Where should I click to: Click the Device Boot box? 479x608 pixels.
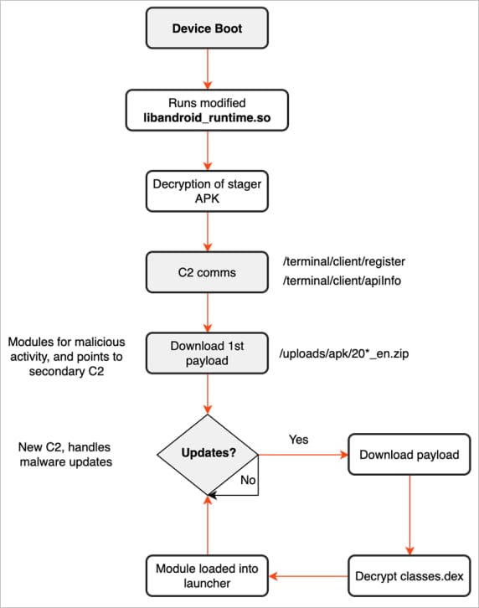207,29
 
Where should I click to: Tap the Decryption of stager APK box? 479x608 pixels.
207,192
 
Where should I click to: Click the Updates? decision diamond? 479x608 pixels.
207,456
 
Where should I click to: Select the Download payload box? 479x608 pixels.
409,456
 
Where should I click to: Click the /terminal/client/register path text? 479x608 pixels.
345,261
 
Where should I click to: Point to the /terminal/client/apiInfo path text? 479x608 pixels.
343,281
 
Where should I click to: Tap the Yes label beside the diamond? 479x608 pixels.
299,438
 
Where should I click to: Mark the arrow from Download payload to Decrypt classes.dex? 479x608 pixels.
409,515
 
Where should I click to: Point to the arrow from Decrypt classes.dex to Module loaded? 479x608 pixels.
310,576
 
